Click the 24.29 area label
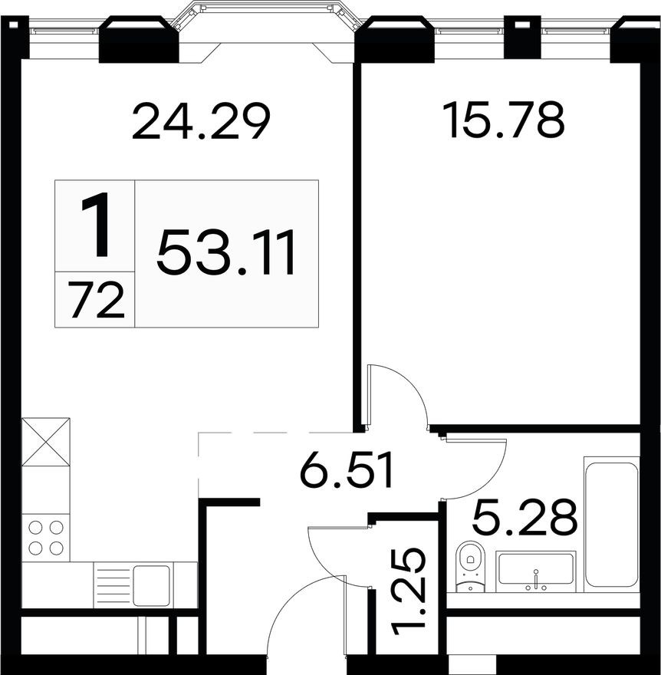(x=201, y=122)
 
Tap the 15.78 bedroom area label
(x=504, y=120)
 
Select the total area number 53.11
(x=227, y=254)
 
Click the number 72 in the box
(x=96, y=300)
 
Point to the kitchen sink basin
(x=151, y=584)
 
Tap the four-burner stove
(x=45, y=538)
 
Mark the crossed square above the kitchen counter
(x=45, y=441)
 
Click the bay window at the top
(x=267, y=23)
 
